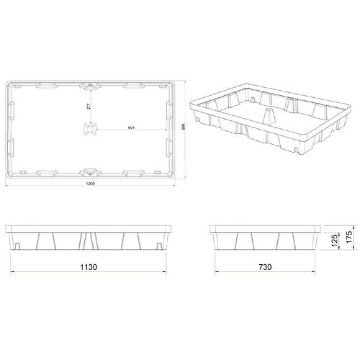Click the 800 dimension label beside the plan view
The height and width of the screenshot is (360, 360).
point(184,127)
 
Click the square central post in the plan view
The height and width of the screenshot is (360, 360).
point(91,130)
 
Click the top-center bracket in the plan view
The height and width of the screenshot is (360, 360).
point(91,86)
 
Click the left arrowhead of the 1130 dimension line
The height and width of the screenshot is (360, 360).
point(13,272)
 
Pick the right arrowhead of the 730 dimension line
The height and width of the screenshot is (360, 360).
point(318,272)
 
